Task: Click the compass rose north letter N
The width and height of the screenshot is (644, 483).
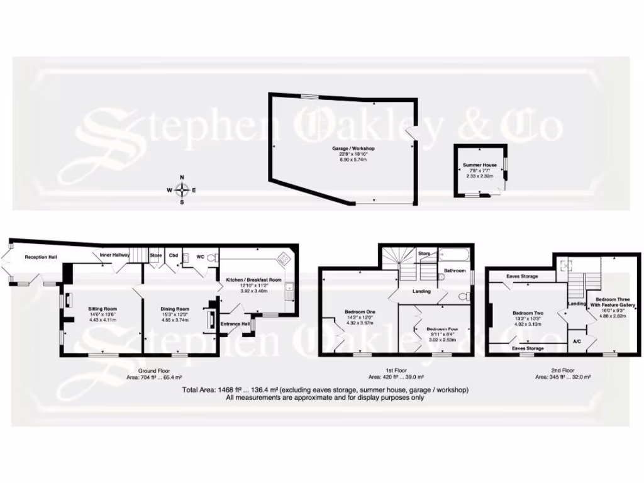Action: click(182, 177)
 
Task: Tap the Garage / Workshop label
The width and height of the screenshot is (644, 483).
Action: click(353, 148)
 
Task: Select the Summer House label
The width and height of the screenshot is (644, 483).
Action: click(480, 165)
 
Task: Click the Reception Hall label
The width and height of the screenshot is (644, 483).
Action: click(42, 257)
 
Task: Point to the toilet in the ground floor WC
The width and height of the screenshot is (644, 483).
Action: click(212, 257)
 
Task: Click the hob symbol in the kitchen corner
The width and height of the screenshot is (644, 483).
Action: click(284, 258)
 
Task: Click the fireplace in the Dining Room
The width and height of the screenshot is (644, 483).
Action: click(211, 318)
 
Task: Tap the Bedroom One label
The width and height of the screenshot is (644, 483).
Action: click(360, 312)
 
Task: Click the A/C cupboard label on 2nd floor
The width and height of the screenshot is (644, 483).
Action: click(577, 341)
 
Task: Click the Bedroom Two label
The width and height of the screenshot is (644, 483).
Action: click(528, 313)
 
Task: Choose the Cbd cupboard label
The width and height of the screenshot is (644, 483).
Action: click(173, 255)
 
